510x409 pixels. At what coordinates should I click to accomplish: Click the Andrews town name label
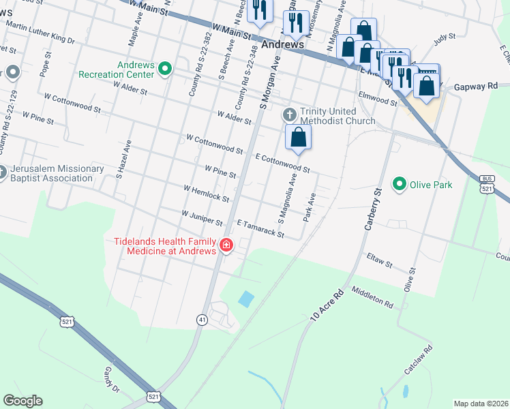click(x=282, y=44)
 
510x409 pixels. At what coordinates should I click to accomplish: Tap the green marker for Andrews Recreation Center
click(x=165, y=68)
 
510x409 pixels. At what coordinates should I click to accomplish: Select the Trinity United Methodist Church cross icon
click(x=289, y=113)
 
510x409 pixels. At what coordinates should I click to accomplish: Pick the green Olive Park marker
click(x=398, y=183)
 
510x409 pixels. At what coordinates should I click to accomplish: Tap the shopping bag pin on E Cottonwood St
click(x=299, y=138)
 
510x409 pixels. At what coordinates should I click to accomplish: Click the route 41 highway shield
click(x=202, y=319)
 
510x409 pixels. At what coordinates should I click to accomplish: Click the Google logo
click(x=23, y=401)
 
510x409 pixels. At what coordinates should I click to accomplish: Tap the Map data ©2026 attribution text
click(x=481, y=404)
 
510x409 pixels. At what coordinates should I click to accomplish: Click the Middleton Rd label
click(x=372, y=297)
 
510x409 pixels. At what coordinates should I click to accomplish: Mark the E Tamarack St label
click(x=260, y=228)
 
